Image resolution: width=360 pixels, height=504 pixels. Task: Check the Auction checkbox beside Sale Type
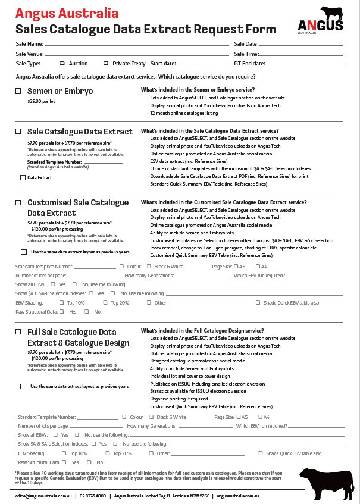click(62, 64)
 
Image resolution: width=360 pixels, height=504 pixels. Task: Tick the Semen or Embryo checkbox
click(18, 91)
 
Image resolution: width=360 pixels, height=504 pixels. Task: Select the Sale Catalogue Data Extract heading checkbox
click(18, 131)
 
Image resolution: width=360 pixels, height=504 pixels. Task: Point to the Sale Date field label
click(246, 44)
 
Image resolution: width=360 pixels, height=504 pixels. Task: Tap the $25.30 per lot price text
click(41, 102)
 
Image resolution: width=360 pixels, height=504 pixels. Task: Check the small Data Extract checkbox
click(23, 177)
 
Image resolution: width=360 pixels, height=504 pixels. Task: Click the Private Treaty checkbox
click(106, 64)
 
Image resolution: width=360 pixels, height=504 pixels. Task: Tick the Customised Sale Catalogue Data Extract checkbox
click(18, 203)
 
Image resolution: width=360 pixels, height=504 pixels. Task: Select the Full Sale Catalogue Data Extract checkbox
click(18, 331)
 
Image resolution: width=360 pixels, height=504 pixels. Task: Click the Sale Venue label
click(30, 54)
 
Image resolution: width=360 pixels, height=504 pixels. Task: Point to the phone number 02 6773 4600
click(92, 496)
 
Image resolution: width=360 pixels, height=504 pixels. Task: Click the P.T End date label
click(249, 64)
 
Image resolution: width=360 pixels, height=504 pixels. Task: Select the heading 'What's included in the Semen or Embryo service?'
click(193, 90)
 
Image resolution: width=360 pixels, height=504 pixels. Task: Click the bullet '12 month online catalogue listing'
click(184, 113)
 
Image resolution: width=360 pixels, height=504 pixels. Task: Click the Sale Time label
click(246, 54)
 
